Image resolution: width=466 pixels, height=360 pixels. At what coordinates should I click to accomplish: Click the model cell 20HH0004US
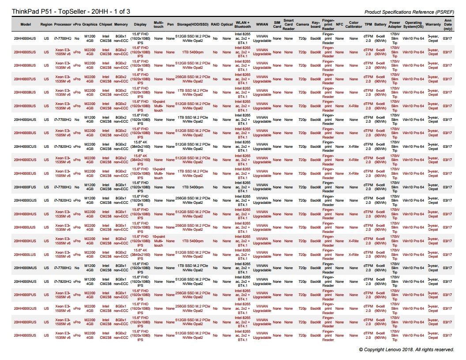click(x=25, y=38)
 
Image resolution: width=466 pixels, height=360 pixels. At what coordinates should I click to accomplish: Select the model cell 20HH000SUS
click(x=25, y=335)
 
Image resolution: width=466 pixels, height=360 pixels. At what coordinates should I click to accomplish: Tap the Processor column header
click(x=63, y=24)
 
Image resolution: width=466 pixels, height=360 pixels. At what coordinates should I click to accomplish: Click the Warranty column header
click(x=433, y=24)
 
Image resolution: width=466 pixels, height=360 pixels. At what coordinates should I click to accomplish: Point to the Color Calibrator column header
click(x=353, y=24)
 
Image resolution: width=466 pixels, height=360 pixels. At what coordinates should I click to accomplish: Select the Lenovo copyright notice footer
click(x=406, y=349)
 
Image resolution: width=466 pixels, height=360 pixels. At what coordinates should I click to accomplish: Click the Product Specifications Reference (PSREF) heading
click(x=410, y=12)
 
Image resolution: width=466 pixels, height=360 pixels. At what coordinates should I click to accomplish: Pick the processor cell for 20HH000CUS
click(x=63, y=146)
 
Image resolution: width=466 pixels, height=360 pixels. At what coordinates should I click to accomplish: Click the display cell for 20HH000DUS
click(x=140, y=160)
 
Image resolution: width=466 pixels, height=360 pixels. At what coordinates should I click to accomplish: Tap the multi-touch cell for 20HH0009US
click(x=158, y=106)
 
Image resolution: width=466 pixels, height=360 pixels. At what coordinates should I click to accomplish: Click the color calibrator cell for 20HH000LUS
click(x=353, y=255)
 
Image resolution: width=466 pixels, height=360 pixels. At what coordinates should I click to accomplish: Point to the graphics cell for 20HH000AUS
click(x=90, y=120)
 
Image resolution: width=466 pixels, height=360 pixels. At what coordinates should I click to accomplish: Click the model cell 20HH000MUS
click(x=25, y=268)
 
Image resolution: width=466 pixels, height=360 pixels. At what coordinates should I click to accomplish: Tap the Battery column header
click(x=380, y=24)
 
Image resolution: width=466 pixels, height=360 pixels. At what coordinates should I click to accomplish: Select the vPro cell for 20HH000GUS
click(x=77, y=200)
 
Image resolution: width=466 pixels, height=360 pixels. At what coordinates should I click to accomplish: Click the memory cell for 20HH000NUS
click(x=121, y=281)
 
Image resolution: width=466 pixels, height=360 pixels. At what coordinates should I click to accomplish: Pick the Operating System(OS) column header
click(x=413, y=24)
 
